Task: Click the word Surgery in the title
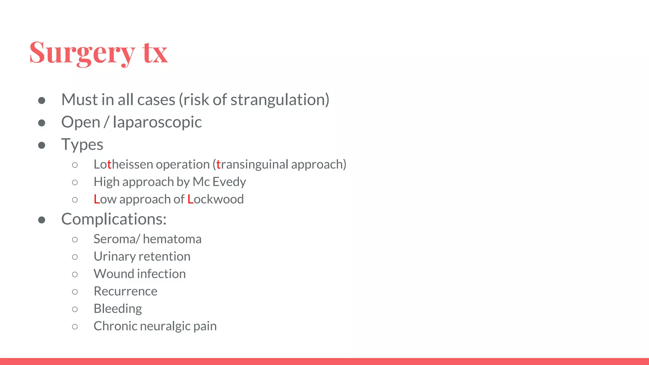[x=82, y=53]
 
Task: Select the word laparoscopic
[x=157, y=122]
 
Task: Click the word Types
[x=82, y=145]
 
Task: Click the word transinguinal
[x=252, y=164]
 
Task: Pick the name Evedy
[x=229, y=182]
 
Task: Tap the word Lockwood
[x=215, y=199]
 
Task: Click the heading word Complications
[x=113, y=219]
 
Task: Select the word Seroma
[x=114, y=239]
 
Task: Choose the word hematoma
[x=172, y=239]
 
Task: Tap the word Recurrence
[x=125, y=291]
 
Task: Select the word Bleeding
[x=118, y=309]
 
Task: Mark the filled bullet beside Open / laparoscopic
[x=42, y=123]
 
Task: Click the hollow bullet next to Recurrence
[x=75, y=292]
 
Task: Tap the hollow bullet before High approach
[x=75, y=182]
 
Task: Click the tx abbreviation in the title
[x=155, y=53]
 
